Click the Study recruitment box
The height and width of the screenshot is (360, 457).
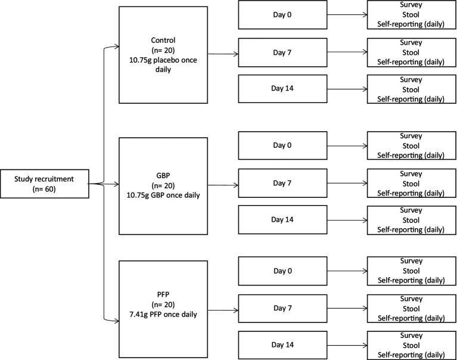point(45,184)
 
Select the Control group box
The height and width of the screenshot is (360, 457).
point(163,55)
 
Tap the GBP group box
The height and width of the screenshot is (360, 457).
point(163,186)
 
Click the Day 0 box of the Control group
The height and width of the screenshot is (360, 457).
point(282,15)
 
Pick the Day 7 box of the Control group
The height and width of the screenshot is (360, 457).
point(282,52)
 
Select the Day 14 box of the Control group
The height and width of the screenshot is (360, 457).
point(282,89)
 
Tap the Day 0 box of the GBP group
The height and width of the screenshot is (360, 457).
point(282,145)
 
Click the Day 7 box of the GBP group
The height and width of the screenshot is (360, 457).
point(282,183)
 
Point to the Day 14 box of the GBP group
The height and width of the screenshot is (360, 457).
point(282,220)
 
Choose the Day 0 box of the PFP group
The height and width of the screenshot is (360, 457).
point(282,271)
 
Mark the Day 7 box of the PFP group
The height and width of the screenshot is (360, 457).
point(282,308)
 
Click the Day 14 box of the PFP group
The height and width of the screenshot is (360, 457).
point(282,345)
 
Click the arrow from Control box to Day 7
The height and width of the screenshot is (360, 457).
point(223,54)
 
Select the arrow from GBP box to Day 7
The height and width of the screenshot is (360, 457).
point(223,185)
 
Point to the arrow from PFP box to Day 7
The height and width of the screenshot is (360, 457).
point(223,311)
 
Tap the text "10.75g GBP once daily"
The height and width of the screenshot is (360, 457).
point(163,195)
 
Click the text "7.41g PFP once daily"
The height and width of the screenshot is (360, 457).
point(163,315)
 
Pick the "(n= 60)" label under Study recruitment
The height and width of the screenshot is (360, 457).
point(44,189)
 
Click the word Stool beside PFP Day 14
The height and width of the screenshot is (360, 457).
point(411,346)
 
